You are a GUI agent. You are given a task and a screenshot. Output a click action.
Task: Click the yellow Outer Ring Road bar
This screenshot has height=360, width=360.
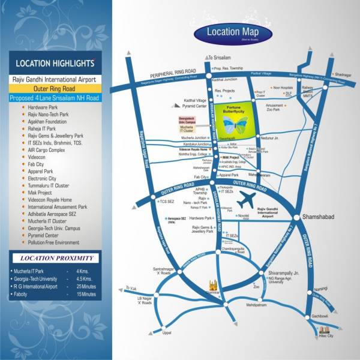click(x=55, y=88)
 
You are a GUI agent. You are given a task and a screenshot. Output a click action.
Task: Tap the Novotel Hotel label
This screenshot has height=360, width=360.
click(x=243, y=217)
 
